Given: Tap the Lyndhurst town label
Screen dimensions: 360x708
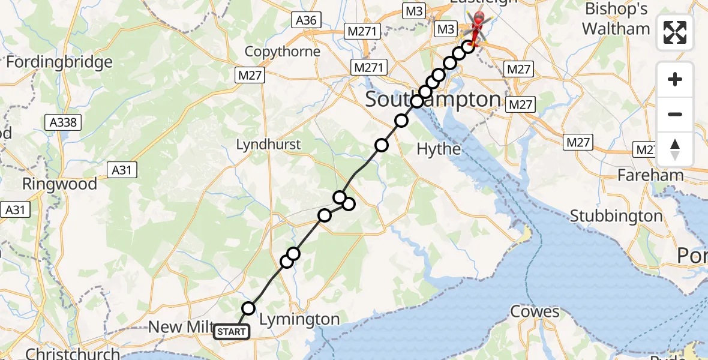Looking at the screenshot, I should pyautogui.click(x=268, y=145).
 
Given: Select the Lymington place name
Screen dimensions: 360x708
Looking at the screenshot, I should pyautogui.click(x=299, y=320).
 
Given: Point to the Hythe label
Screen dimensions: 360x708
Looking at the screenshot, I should pyautogui.click(x=439, y=149).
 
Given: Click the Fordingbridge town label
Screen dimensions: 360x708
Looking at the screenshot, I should pyautogui.click(x=59, y=62).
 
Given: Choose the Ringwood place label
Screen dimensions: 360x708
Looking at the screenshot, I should pyautogui.click(x=59, y=184).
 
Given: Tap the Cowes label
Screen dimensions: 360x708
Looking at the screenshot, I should pyautogui.click(x=535, y=311).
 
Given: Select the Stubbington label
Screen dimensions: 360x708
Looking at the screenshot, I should pyautogui.click(x=616, y=215).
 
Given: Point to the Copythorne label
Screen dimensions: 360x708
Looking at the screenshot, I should pyautogui.click(x=283, y=52).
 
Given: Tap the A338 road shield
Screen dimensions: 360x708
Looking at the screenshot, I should pyautogui.click(x=63, y=123).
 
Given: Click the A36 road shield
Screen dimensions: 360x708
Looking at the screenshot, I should pyautogui.click(x=306, y=20).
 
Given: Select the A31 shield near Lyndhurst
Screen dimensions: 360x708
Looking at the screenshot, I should pyautogui.click(x=122, y=170).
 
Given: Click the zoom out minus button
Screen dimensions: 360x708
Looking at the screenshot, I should pyautogui.click(x=675, y=114).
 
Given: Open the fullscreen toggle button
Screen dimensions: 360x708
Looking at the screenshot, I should pyautogui.click(x=675, y=32).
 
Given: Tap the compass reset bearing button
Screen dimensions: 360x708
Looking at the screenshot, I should pyautogui.click(x=675, y=149).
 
